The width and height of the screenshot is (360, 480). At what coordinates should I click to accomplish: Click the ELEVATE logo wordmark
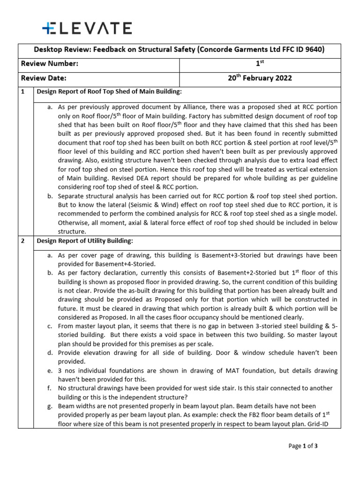[87, 29]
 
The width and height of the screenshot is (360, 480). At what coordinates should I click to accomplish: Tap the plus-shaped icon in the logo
[48, 29]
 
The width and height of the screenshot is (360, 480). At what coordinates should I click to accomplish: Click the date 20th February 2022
[260, 78]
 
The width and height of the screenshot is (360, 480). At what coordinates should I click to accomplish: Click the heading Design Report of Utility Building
[86, 241]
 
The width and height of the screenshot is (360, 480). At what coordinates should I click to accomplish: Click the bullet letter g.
[50, 406]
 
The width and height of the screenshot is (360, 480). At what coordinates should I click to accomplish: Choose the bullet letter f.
[50, 388]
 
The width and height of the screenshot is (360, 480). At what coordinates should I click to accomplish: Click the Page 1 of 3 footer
[303, 446]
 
